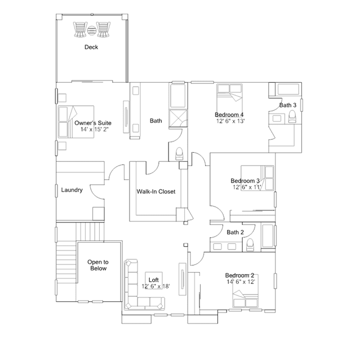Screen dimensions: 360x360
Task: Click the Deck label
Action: (91, 47)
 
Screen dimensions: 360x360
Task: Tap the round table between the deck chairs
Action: (92, 30)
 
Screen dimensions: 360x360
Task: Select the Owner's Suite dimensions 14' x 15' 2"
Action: (94, 129)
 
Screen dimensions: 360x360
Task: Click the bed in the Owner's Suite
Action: (75, 122)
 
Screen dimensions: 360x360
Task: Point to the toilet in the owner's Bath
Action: (179, 154)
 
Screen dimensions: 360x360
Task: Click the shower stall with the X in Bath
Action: (178, 118)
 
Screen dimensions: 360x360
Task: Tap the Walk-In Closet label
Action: (156, 192)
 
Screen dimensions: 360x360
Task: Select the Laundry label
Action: (72, 190)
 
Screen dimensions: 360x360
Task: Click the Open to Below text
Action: (98, 265)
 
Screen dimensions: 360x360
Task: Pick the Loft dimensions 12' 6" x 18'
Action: (155, 286)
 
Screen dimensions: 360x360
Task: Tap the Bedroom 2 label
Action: (239, 275)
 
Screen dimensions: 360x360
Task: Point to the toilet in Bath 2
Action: (250, 245)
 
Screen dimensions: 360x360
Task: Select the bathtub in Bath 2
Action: (268, 236)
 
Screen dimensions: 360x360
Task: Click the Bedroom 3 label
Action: (245, 181)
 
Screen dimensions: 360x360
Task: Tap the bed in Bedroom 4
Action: (230, 98)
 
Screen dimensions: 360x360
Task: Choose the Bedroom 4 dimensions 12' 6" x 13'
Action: (230, 121)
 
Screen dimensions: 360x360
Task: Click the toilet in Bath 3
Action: (292, 117)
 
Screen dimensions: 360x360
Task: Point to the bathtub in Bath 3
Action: (288, 89)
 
